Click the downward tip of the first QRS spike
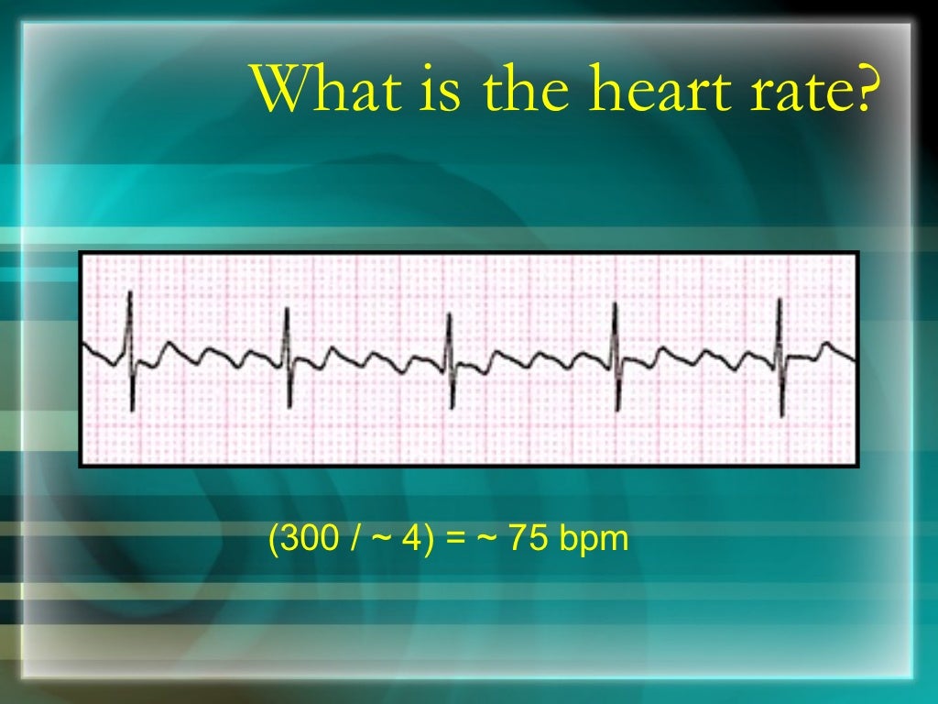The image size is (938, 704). [x=132, y=409]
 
